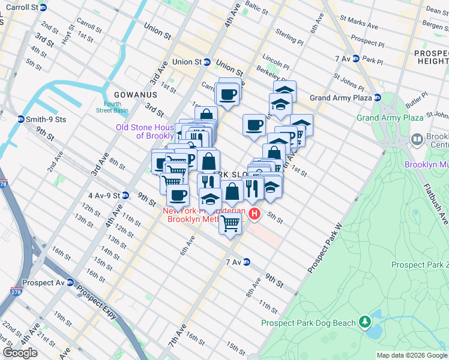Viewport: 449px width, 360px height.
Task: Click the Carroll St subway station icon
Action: coord(50,8)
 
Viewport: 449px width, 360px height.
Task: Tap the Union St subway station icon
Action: coord(206,62)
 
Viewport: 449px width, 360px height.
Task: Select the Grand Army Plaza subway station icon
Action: coord(377,98)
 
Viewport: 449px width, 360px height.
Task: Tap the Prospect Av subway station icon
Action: coord(70,283)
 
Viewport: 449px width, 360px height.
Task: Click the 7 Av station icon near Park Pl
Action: coord(356,59)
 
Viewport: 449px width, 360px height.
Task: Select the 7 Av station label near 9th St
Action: coord(233,262)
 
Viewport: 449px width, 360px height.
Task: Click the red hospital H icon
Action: coord(255,213)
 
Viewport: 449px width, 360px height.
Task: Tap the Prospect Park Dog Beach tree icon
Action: coord(364,322)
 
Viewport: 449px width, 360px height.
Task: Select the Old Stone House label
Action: coord(146,131)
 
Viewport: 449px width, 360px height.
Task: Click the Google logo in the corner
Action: coord(20,353)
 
